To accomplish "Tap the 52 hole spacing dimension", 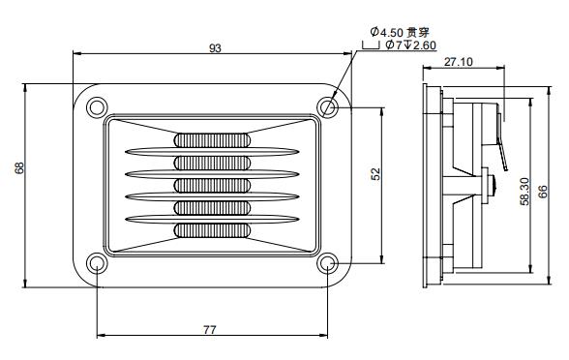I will (x=375, y=173).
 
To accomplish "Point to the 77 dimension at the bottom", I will (x=210, y=329).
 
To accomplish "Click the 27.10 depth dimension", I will (x=460, y=62).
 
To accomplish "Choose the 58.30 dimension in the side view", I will (x=524, y=191).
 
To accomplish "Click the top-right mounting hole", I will (x=327, y=105).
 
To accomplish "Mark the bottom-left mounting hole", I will (x=97, y=263).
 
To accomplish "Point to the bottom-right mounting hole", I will (x=327, y=263).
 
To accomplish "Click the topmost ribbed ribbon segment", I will (x=211, y=139).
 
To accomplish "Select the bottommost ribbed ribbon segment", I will (x=211, y=230).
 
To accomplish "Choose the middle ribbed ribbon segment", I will (x=211, y=185).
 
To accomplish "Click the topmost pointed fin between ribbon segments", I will (x=211, y=151).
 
